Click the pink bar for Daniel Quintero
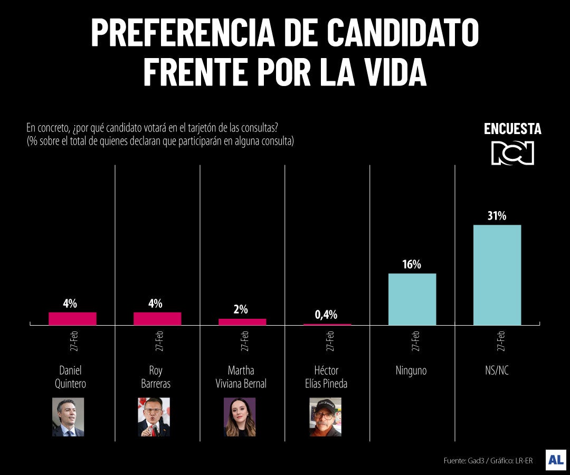point(72,318)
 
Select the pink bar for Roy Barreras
point(157,318)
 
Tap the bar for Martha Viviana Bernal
point(242,321)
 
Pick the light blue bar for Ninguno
point(412,299)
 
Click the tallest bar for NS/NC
point(497,274)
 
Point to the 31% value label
point(497,215)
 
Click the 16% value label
point(412,264)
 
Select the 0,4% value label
point(326,315)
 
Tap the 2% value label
point(241,310)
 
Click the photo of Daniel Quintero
point(68,417)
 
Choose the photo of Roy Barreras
point(154,417)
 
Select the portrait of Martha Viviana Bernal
point(240,417)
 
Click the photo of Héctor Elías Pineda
point(325,417)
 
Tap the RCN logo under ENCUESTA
point(512,153)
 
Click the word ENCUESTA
point(512,129)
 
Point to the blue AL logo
point(556,460)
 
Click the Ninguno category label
point(411,371)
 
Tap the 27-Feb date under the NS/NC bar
point(501,341)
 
